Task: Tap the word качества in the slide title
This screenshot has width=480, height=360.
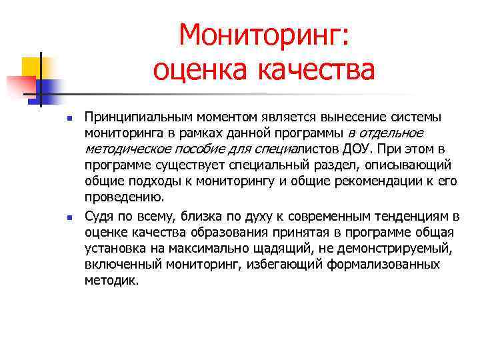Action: [315, 69]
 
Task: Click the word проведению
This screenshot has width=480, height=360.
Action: [124, 197]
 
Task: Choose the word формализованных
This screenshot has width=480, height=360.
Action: [383, 265]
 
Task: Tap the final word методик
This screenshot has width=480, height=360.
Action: [112, 281]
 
